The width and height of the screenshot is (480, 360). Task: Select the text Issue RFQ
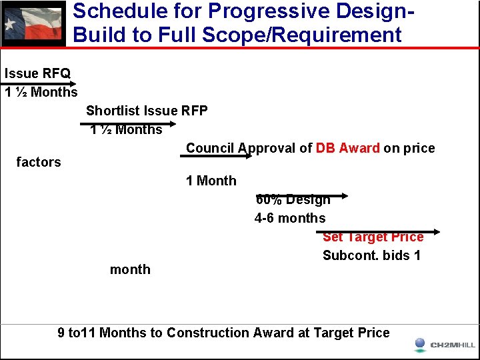[x=37, y=73]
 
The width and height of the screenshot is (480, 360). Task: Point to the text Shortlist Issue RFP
[x=147, y=111]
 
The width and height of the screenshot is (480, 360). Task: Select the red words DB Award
[x=347, y=148]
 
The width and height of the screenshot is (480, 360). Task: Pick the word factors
[x=38, y=162]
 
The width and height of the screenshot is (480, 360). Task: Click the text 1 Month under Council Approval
[x=211, y=181]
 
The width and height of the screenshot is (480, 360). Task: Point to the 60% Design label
[x=293, y=200]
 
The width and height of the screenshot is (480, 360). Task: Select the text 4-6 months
[x=290, y=218]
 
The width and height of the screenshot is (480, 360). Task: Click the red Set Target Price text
[x=373, y=237]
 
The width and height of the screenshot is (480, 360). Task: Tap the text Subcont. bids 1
[x=371, y=255]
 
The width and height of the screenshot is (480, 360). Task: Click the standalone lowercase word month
[x=130, y=269]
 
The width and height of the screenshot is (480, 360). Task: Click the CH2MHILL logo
[x=444, y=345]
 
